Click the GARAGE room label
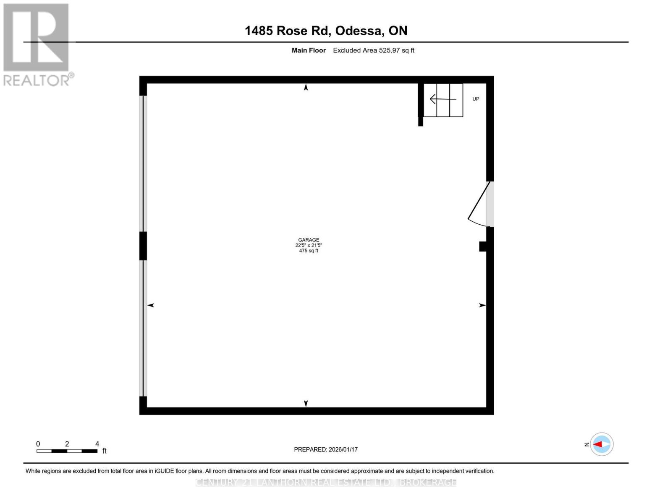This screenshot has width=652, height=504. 309,240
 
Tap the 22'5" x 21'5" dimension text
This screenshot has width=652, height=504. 309,245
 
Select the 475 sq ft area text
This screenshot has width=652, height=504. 309,251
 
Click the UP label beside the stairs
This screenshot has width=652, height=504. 476,99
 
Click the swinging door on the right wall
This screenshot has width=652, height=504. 480,203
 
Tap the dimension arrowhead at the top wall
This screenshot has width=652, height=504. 306,87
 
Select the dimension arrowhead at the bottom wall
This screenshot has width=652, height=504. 306,403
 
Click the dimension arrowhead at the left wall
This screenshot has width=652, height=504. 151,305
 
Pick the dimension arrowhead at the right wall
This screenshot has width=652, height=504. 482,305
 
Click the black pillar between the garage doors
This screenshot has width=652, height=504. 143,246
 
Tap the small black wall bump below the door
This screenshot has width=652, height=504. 483,246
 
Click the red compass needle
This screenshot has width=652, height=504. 597,444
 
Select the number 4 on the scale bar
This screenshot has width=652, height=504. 97,444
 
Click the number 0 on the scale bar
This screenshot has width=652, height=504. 38,444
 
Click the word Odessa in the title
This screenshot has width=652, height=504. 359,31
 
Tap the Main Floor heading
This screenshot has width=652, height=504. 309,50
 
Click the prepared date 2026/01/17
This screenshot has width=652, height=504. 343,449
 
